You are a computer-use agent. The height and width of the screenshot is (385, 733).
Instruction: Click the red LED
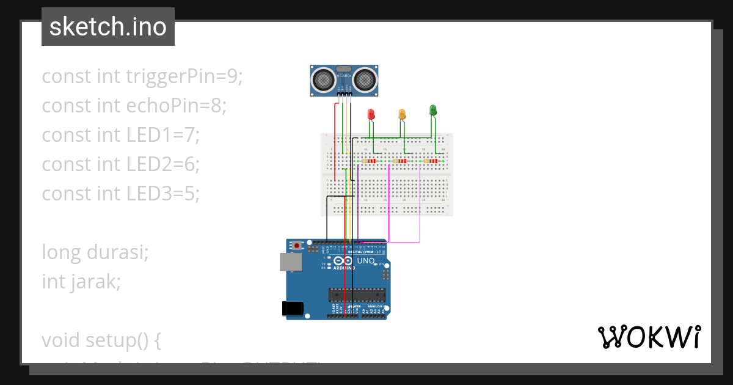coord(370,114)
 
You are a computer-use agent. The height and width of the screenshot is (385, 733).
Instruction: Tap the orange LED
coord(402,114)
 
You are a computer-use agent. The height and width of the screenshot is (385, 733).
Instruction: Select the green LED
coord(433,110)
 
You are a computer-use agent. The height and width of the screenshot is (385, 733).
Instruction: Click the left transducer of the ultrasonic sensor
coord(323,79)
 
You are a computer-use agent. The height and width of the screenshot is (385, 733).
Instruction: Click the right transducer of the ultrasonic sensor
coord(365,79)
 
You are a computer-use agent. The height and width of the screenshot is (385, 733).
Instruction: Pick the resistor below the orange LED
coord(401,161)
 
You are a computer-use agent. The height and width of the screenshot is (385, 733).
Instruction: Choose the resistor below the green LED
coord(432,161)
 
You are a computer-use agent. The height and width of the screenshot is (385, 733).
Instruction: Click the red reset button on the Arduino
coord(297,246)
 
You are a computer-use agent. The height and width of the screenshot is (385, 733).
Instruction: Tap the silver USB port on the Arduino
coord(291,262)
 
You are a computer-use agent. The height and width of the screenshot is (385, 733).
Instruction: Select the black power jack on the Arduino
coord(293,309)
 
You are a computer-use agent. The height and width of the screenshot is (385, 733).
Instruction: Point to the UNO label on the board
coord(365,261)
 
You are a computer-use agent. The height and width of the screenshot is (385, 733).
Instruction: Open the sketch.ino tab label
coord(108,27)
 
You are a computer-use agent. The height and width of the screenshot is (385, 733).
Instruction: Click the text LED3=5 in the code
coord(163,194)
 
